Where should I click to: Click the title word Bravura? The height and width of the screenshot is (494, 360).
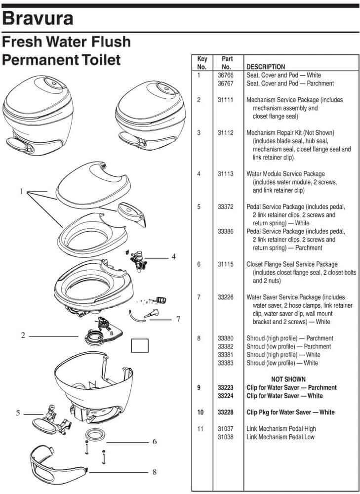click(38, 18)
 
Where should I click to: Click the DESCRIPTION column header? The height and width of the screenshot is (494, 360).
click(265, 67)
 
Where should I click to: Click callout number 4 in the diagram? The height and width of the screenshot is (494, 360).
click(174, 256)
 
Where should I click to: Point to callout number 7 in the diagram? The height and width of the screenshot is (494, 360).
click(178, 319)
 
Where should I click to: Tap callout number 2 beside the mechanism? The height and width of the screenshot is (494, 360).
click(23, 335)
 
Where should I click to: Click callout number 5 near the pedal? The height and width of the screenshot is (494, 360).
click(18, 413)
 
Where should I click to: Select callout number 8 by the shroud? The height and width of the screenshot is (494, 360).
click(155, 472)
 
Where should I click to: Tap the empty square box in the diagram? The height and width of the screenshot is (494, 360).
click(139, 345)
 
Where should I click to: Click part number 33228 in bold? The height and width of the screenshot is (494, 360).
click(225, 412)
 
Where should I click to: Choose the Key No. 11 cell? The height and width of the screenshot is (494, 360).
click(200, 429)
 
